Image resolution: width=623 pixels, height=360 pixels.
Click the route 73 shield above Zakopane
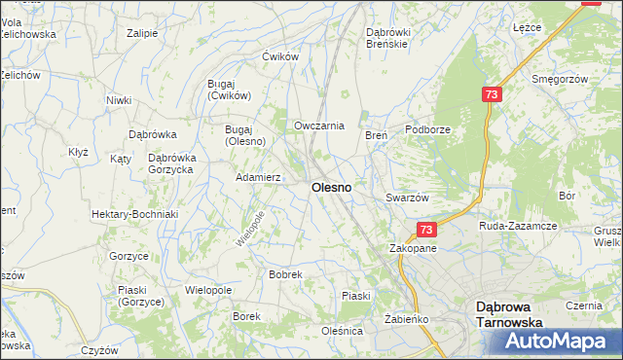425,230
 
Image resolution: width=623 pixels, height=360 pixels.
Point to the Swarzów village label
407,198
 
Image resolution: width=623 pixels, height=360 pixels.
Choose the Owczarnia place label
319,126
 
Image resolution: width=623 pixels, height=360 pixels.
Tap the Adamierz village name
259,178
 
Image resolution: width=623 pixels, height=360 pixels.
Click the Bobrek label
285,275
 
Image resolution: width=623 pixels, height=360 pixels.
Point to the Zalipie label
142,33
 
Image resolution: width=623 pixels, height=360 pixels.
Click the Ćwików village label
278,56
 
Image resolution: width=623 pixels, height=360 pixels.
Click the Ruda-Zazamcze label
518,226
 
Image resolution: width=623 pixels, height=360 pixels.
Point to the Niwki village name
119,100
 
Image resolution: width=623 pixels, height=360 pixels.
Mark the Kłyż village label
78,152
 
